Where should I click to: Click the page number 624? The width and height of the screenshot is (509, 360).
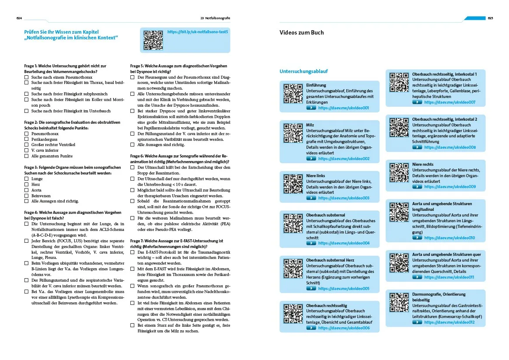click(19, 18)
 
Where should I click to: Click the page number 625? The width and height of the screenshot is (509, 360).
click(490, 18)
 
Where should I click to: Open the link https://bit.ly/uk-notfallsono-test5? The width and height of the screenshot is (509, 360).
click(198, 32)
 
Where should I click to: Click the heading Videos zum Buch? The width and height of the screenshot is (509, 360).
click(301, 32)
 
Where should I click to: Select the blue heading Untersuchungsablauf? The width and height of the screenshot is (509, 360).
click(303, 71)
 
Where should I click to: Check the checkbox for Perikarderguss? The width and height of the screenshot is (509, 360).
click(26, 139)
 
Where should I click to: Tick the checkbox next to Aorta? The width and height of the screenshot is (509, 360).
click(26, 190)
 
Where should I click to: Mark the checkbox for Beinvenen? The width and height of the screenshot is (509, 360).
click(26, 196)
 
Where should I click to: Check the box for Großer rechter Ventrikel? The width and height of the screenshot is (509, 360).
click(26, 145)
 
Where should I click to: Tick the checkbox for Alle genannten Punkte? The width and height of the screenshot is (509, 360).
click(26, 156)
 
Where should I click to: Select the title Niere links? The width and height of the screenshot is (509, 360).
click(315, 176)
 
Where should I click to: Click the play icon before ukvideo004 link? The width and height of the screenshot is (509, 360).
click(311, 243)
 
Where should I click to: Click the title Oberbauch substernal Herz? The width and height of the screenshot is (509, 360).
click(330, 260)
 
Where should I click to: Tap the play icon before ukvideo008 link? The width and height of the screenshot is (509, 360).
click(417, 147)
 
